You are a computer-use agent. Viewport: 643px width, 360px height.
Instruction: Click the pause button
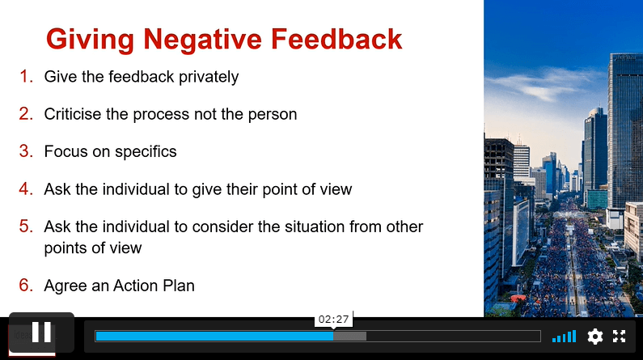click(x=41, y=332)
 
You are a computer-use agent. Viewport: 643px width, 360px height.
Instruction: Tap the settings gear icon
click(x=595, y=337)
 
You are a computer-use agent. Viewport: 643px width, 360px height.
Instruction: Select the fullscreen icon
click(x=620, y=337)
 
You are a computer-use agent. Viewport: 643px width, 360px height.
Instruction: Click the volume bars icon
click(x=565, y=337)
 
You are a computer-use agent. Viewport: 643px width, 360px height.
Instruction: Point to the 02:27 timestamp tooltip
click(x=333, y=319)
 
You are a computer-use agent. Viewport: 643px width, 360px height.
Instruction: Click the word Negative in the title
click(x=202, y=40)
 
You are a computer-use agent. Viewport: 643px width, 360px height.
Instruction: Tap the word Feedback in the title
click(x=336, y=40)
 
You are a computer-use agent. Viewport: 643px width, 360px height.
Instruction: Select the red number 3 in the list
click(x=26, y=151)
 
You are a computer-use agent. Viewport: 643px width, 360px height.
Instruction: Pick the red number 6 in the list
click(x=26, y=285)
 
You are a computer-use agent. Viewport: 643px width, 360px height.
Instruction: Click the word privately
click(x=209, y=78)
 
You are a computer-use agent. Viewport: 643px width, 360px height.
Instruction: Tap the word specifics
click(x=146, y=152)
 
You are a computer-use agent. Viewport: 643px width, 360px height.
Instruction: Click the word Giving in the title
click(x=91, y=40)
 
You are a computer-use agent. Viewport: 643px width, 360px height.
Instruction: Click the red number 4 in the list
click(x=26, y=188)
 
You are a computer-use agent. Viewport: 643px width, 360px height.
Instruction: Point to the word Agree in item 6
click(x=66, y=286)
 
